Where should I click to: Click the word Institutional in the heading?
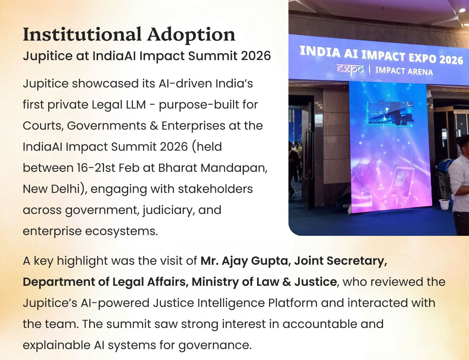pyautogui.click(x=82, y=34)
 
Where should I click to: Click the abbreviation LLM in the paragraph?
pyautogui.click(x=135, y=105)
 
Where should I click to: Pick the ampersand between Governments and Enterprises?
pyautogui.click(x=154, y=126)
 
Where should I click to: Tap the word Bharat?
pyautogui.click(x=177, y=168)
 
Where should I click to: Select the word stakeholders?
pyautogui.click(x=215, y=189)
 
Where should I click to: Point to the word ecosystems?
pyautogui.click(x=122, y=232)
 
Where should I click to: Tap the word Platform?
pyautogui.click(x=293, y=303)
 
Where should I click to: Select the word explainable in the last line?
pyautogui.click(x=57, y=345)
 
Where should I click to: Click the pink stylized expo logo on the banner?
pyautogui.click(x=350, y=69)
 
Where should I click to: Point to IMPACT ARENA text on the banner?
pyautogui.click(x=404, y=71)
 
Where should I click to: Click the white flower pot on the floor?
pyautogui.click(x=444, y=204)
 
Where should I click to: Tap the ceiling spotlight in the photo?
pyautogui.click(x=462, y=10)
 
